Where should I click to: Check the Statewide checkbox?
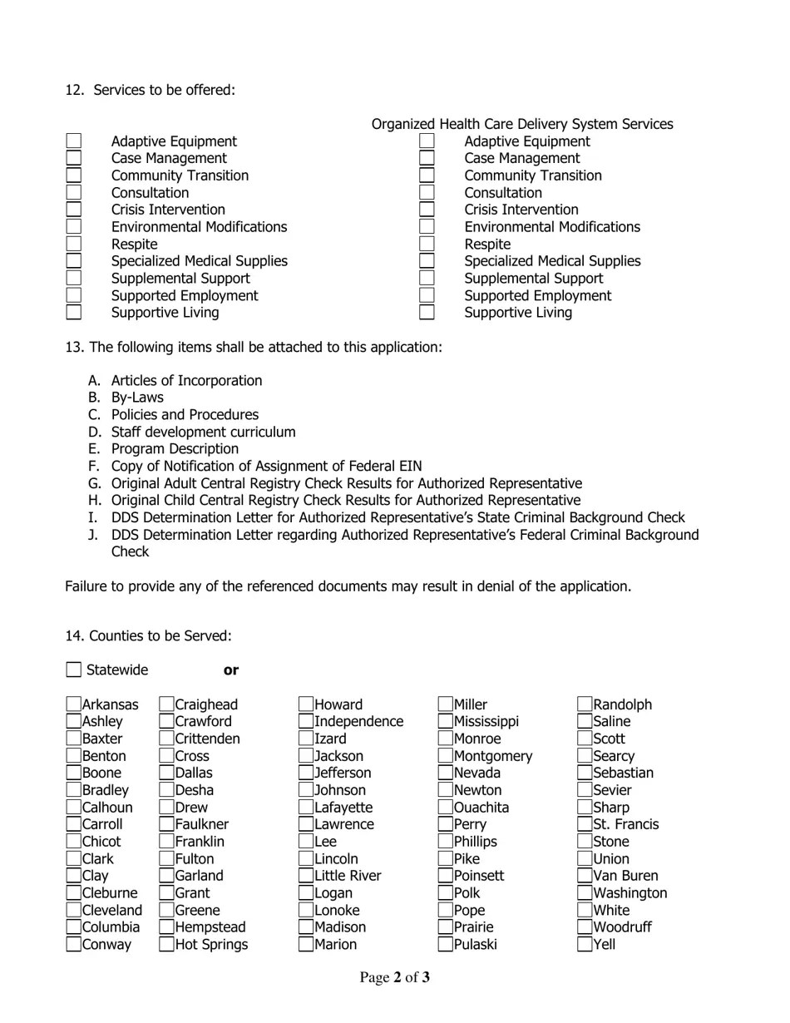74,670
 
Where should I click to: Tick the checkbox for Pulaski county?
446,944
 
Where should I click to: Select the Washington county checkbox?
585,893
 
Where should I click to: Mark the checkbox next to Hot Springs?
167,944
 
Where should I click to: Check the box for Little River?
307,876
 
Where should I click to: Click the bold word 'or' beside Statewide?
231,670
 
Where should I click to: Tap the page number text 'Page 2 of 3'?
394,977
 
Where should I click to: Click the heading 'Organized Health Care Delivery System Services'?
522,124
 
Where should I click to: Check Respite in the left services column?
74,245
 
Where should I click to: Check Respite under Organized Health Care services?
427,245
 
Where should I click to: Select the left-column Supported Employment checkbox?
74,295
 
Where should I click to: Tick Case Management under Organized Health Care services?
427,158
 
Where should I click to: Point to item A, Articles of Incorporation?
186,381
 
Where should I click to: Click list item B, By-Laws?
137,398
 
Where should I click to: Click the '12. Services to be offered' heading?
151,90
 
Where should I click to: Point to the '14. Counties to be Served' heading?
148,636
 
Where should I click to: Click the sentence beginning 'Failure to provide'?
348,586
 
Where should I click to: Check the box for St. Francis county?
585,824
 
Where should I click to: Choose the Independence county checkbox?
307,722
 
